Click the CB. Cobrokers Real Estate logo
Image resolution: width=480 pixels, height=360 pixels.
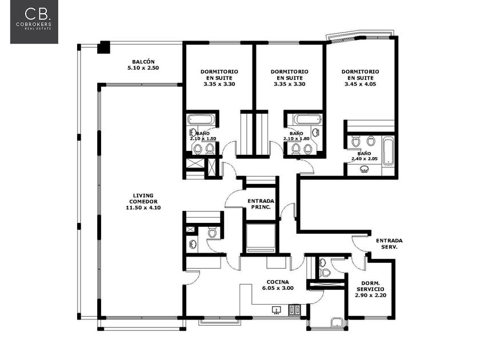[x=34, y=22]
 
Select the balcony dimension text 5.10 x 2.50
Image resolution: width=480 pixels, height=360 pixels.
[x=143, y=68]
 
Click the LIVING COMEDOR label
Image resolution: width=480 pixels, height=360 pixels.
[x=143, y=198]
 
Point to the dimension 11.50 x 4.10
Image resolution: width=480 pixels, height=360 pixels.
[x=143, y=207]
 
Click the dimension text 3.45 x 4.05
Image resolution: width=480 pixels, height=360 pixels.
[x=361, y=84]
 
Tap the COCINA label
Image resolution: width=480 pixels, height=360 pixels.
[x=278, y=282]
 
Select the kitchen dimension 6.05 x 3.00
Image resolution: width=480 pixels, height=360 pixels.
[x=278, y=288]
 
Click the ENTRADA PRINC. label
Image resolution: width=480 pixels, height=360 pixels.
[x=261, y=204]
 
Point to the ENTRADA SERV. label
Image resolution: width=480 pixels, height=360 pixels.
[x=389, y=243]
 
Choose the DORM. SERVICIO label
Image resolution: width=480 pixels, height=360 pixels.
[x=370, y=286]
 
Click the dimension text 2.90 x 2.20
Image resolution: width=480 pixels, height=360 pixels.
[x=370, y=295]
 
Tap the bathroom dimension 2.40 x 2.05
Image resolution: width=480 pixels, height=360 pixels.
[x=365, y=159]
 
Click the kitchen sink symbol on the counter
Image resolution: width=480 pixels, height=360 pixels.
[x=277, y=310]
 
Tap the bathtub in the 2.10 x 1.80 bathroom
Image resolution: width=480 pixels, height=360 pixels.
[x=307, y=119]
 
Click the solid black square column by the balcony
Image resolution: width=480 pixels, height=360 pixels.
[x=103, y=47]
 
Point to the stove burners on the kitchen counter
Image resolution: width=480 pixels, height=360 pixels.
[x=294, y=310]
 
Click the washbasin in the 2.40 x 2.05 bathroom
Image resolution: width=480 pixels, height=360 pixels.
[x=365, y=169]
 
